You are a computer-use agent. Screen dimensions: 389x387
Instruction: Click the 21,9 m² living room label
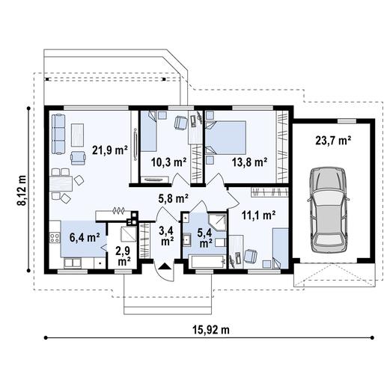pos(109,149)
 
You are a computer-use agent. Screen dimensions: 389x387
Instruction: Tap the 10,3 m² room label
pos(168,161)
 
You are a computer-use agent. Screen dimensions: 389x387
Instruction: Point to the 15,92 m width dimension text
pos(204,329)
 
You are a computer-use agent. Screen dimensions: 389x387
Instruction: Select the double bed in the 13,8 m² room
pos(228,137)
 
